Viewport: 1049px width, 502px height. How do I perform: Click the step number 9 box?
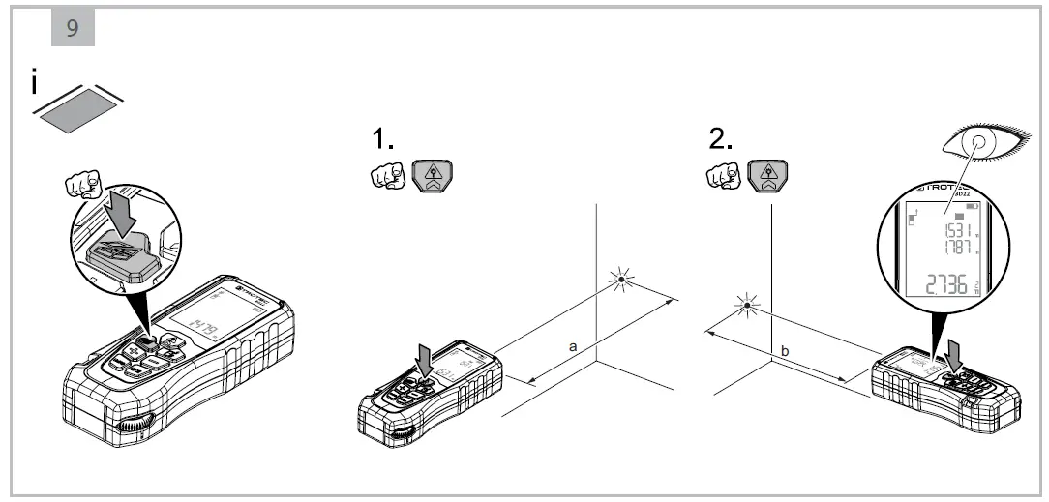coord(72,28)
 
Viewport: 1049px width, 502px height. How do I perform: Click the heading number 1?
coord(383,140)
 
